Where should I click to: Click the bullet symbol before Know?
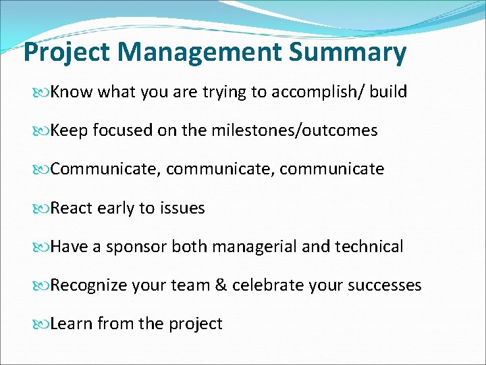click(x=43, y=93)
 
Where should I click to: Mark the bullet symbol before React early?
click(x=43, y=209)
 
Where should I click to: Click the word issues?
click(x=182, y=208)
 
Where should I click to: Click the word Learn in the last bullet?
click(x=72, y=324)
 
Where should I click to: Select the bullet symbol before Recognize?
click(x=43, y=286)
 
